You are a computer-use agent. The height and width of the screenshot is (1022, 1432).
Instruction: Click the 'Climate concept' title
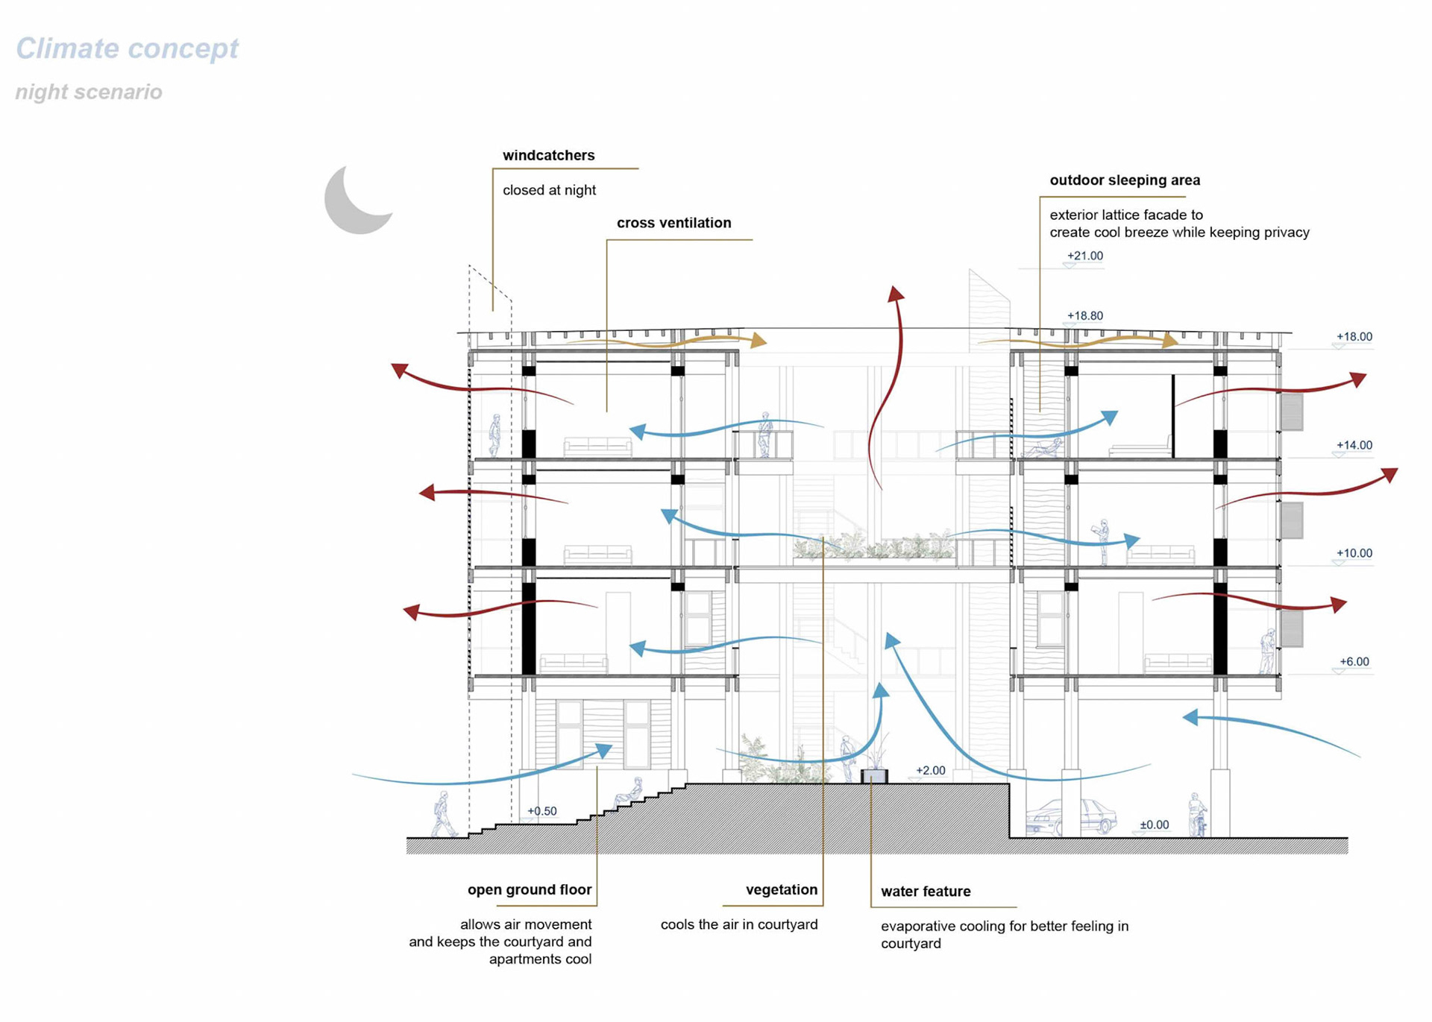pyautogui.click(x=127, y=48)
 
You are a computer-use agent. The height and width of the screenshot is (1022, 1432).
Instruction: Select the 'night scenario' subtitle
pyautogui.click(x=89, y=92)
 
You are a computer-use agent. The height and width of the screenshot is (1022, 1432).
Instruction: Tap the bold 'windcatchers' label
pyautogui.click(x=548, y=155)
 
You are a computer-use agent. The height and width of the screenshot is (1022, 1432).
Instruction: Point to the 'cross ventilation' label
pyautogui.click(x=673, y=223)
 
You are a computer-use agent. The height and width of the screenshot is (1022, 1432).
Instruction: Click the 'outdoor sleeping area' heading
pyautogui.click(x=1125, y=180)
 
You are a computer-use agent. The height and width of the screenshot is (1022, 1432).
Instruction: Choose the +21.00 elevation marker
pyautogui.click(x=1084, y=256)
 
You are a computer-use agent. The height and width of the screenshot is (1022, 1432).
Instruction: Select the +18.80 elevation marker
pyautogui.click(x=1084, y=315)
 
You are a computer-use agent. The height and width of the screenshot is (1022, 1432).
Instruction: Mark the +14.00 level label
pyautogui.click(x=1354, y=445)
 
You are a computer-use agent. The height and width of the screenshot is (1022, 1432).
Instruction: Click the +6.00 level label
pyautogui.click(x=1354, y=661)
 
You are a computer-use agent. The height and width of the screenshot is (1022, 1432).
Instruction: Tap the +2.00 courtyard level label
pyautogui.click(x=930, y=770)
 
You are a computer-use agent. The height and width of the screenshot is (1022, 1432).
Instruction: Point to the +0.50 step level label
pyautogui.click(x=541, y=811)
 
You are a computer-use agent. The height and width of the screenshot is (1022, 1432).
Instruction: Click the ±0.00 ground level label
pyautogui.click(x=1154, y=824)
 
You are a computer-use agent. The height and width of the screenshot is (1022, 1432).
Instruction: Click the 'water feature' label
pyautogui.click(x=926, y=892)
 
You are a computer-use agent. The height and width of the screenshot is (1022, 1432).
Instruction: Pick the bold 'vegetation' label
pyautogui.click(x=781, y=889)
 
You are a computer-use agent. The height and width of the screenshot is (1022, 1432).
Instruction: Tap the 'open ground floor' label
pyautogui.click(x=529, y=889)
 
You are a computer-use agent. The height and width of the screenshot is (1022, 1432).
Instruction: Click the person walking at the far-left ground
pyautogui.click(x=444, y=815)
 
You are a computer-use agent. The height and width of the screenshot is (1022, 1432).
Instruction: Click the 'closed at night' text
pyautogui.click(x=549, y=190)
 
